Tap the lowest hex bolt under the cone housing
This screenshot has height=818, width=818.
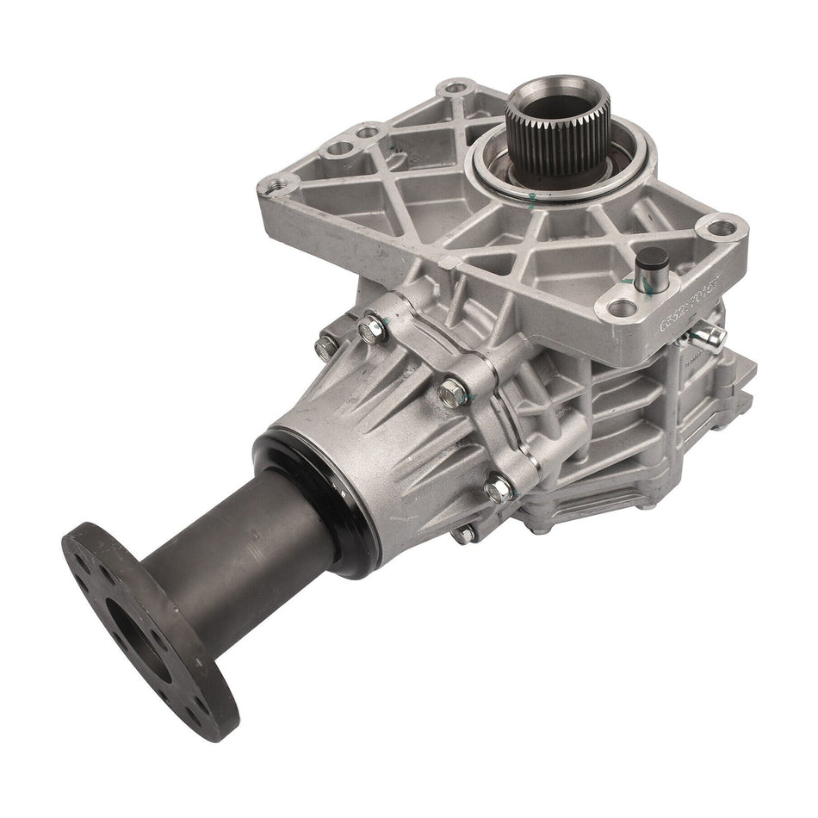(466, 534)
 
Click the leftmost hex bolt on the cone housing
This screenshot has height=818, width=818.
(325, 347)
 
